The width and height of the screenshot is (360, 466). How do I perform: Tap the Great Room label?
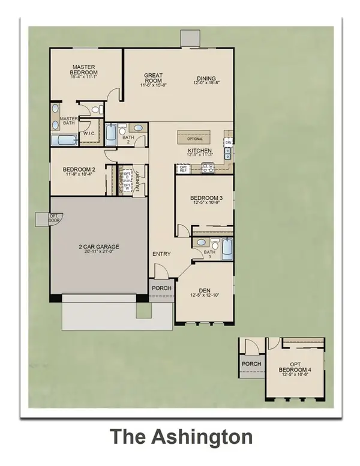154,79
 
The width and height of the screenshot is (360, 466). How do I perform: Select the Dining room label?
206,79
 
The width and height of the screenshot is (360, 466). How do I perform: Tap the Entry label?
161,255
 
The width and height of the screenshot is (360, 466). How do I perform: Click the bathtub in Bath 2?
111,134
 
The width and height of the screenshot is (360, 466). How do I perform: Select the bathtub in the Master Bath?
64,141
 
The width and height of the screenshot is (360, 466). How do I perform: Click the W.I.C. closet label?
89,133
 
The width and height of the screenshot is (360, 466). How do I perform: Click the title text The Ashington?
180,437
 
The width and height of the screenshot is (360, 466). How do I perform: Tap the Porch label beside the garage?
162,289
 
